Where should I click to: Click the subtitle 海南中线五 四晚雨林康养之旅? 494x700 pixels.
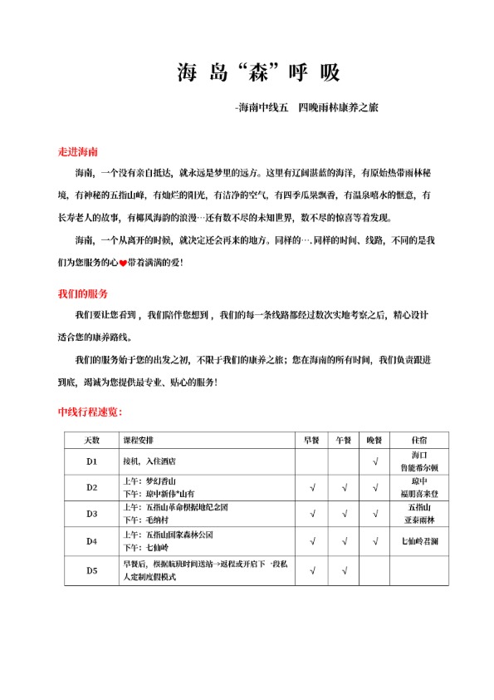[307, 108]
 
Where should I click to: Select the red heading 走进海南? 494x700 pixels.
[78, 153]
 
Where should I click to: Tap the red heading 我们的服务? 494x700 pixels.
[82, 294]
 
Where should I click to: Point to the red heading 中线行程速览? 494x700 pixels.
[90, 412]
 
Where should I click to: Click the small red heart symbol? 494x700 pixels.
[123, 264]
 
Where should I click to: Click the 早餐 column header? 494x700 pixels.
[312, 439]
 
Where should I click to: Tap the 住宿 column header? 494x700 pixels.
[419, 439]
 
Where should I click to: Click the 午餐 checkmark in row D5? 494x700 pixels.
[344, 570]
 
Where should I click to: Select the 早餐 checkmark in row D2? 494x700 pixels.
[312, 487]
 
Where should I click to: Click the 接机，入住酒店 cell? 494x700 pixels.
[149, 461]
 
